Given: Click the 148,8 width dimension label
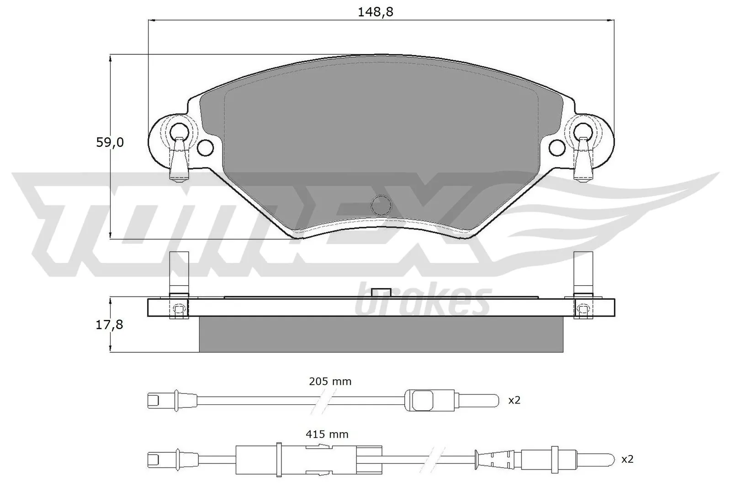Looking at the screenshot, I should coord(375,12).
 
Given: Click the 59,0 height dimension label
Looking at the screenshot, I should coord(110,142).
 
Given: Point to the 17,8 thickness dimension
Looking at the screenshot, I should coord(110,325).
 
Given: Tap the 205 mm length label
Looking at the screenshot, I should coord(330,382).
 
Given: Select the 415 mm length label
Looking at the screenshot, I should coord(328,434).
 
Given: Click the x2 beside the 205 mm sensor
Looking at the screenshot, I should coord(514,401).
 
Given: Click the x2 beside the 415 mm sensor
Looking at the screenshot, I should coord(627,459).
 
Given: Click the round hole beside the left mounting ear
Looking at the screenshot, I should coord(206,147).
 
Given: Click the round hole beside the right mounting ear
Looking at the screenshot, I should coord(556,147).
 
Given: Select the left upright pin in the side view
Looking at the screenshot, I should coord(179,273).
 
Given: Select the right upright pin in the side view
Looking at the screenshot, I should coord(583,273).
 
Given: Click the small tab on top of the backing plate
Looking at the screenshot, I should coord(381,293).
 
